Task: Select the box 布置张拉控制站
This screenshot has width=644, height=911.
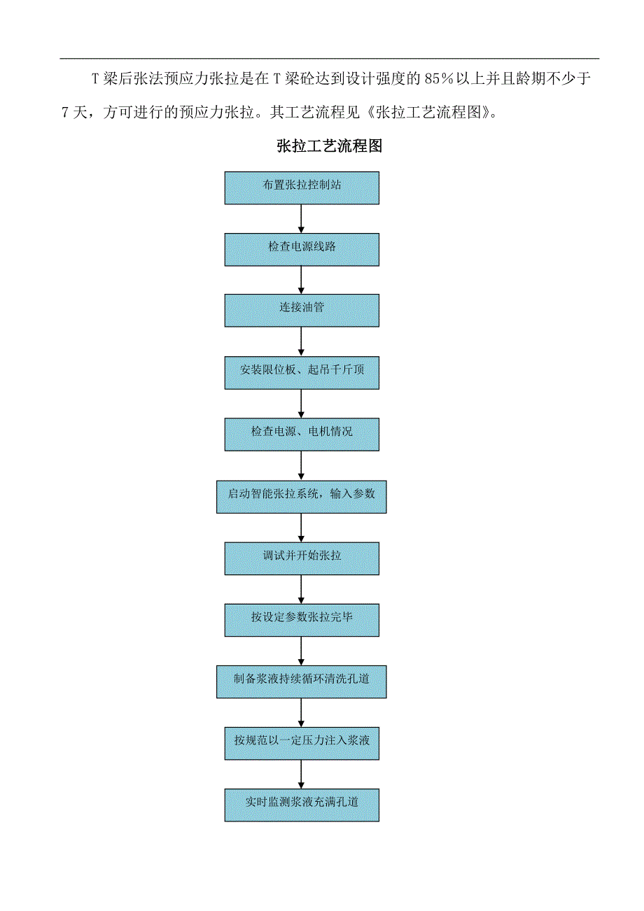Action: [x=302, y=188]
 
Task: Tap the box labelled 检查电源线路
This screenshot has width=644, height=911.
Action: [x=302, y=249]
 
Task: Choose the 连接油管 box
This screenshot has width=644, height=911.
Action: [x=302, y=310]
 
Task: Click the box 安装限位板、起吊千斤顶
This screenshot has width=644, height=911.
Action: [x=302, y=372]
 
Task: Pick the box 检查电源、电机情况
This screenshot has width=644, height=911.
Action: [x=302, y=434]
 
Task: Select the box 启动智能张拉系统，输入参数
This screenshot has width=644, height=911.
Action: [x=302, y=495]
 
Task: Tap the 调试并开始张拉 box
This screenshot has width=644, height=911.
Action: [x=302, y=558]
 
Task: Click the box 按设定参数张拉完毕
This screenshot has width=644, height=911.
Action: [x=302, y=619]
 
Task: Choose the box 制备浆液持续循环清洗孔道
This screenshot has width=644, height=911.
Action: [x=302, y=681]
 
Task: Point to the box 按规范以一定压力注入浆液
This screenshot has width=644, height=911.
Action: [x=302, y=743]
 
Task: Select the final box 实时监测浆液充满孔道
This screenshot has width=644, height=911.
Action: [x=302, y=805]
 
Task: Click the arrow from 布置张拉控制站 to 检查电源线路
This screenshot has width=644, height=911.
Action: [x=302, y=218]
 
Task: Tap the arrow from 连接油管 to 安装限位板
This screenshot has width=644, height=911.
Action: [x=302, y=341]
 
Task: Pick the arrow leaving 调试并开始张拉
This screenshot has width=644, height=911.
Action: [x=302, y=588]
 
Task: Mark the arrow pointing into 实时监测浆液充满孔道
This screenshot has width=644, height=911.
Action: [x=302, y=774]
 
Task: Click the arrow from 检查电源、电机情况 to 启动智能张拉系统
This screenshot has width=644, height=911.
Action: [x=302, y=465]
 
